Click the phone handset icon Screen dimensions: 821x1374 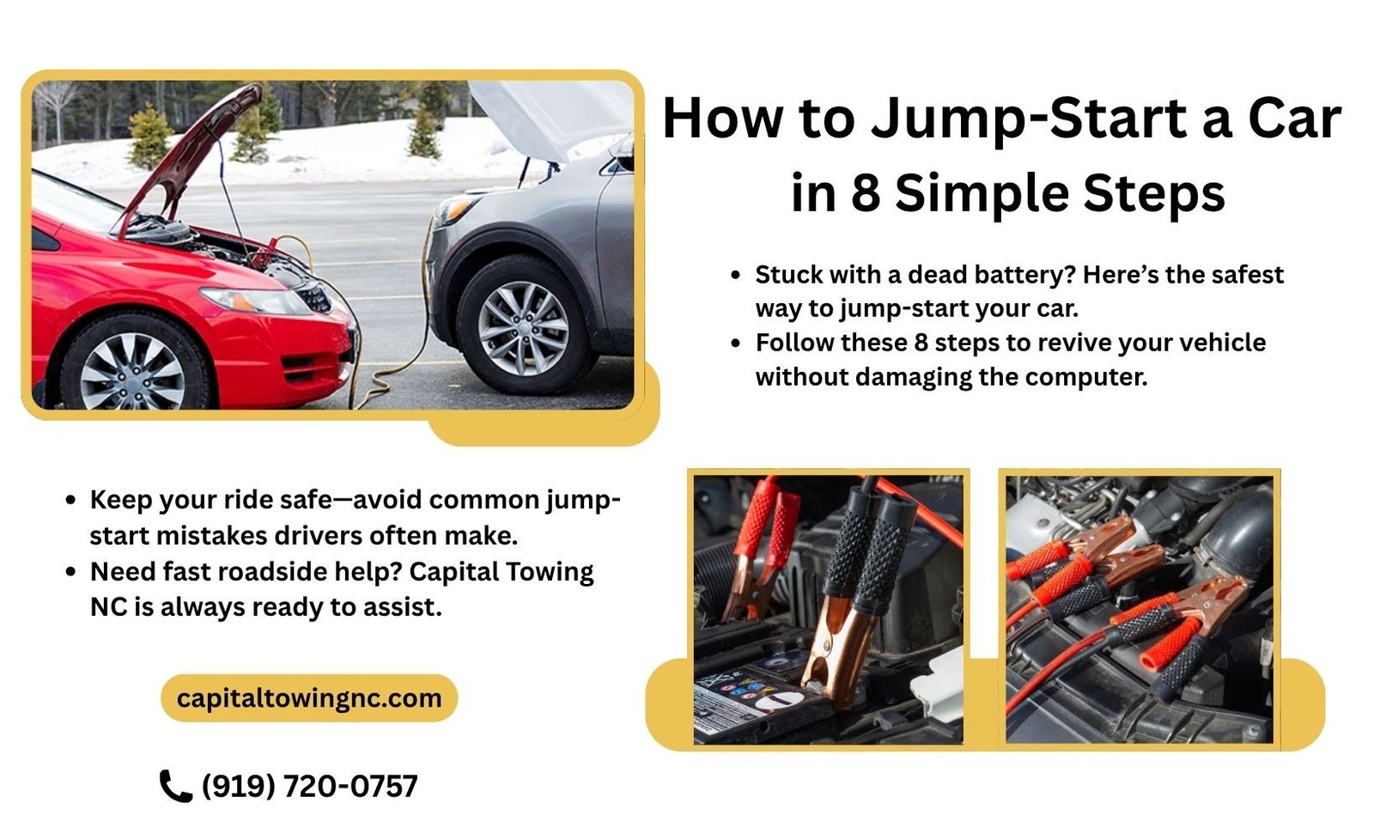pyautogui.click(x=175, y=785)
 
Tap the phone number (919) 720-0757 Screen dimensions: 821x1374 pyautogui.click(x=309, y=785)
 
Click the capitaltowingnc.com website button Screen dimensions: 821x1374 pyautogui.click(x=309, y=697)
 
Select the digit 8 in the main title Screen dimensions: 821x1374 pyautogui.click(x=865, y=193)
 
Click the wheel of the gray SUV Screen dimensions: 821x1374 pyautogui.click(x=522, y=328)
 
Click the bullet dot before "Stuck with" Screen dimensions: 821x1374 pyautogui.click(x=735, y=275)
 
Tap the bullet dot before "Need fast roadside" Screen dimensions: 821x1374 pyautogui.click(x=70, y=571)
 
